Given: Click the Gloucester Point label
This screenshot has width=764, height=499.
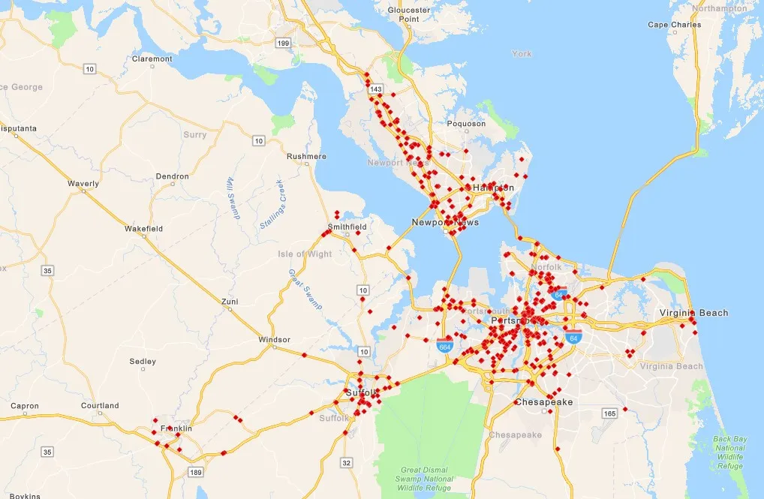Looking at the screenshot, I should click(x=408, y=14).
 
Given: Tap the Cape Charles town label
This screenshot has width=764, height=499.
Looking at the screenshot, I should click(x=675, y=25).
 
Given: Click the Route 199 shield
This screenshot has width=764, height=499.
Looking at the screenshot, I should click(x=283, y=43).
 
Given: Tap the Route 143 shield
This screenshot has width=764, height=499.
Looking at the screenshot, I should click(x=376, y=89).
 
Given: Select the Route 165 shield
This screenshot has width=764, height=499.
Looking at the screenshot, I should click(x=608, y=413).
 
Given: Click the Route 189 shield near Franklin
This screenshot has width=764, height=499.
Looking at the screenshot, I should click(x=197, y=472).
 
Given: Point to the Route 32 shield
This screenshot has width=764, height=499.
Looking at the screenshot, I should click(x=347, y=462).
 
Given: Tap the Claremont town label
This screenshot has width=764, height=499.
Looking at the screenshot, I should click(x=152, y=59).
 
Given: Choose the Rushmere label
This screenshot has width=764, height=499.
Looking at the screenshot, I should click(x=307, y=156).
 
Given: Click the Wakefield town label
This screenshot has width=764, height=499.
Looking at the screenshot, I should click(x=143, y=228).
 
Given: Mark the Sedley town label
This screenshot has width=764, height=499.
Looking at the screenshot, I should click(x=143, y=361).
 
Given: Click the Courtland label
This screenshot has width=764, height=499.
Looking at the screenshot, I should click(x=100, y=406).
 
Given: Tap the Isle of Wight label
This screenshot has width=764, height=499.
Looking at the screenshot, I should click(x=305, y=254).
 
